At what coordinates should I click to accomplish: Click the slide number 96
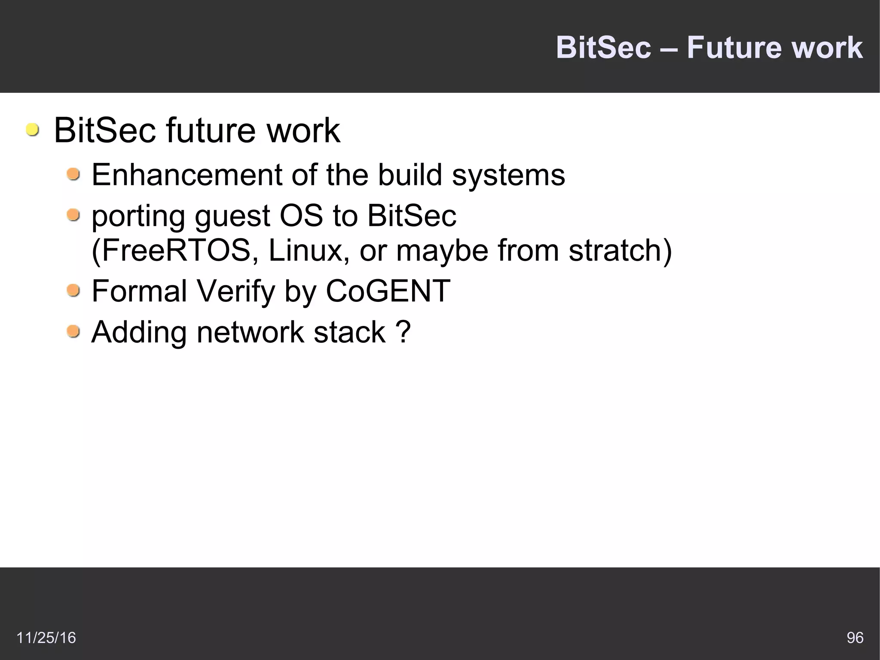[855, 638]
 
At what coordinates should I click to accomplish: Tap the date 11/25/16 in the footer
[46, 638]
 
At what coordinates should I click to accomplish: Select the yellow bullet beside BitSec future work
[32, 130]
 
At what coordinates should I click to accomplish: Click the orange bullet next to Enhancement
[73, 175]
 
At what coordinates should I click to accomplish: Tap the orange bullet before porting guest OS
[73, 215]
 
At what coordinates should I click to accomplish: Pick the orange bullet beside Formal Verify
[73, 291]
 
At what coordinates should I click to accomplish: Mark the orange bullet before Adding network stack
[73, 332]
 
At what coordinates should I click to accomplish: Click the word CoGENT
[388, 291]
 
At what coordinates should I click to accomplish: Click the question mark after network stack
[403, 332]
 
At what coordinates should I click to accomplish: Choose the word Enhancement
[187, 175]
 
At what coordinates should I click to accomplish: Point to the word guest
[232, 216]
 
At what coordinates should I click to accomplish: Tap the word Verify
[235, 291]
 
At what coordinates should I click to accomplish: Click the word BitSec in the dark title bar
[603, 47]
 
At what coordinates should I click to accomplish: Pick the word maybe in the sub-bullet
[442, 250]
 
